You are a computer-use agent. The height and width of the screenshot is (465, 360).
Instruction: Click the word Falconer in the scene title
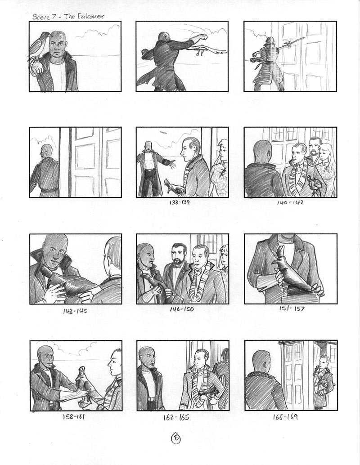click(90, 16)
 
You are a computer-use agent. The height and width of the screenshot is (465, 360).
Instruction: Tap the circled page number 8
click(175, 438)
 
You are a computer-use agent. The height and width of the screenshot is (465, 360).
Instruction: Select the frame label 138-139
click(180, 202)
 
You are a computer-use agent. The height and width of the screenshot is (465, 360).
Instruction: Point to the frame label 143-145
click(75, 311)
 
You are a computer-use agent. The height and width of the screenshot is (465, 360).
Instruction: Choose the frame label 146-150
click(182, 309)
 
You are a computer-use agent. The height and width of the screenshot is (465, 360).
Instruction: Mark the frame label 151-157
click(292, 309)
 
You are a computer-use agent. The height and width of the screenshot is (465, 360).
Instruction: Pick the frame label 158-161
click(74, 417)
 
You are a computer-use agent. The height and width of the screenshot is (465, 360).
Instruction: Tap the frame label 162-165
click(176, 417)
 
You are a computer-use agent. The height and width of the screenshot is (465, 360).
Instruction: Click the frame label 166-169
click(285, 417)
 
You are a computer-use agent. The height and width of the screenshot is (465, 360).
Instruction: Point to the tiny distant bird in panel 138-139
click(162, 133)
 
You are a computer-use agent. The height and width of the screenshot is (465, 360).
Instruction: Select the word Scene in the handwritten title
click(41, 17)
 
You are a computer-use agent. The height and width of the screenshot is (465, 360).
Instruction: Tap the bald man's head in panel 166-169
click(261, 360)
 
